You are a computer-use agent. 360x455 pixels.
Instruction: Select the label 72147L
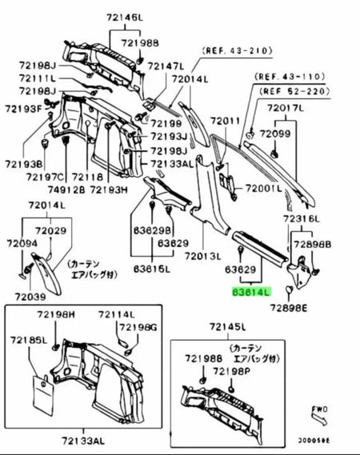point(167,66)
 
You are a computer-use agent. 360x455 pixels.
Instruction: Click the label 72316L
point(300,219)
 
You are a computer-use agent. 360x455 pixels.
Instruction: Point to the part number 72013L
point(202,257)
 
